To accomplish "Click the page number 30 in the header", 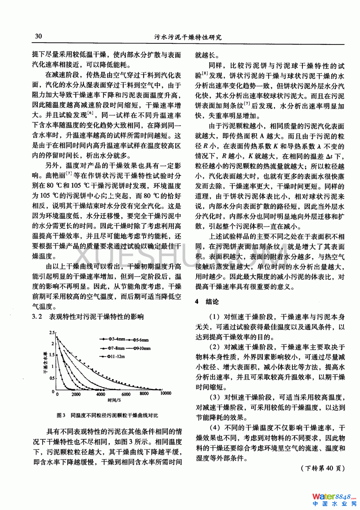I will click(x=38, y=36).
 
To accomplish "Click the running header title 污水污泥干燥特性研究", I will click(x=188, y=37).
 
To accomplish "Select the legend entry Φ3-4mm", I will click(x=115, y=339).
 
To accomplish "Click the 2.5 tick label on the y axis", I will click(x=52, y=333).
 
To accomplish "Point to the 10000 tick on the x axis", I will click(x=165, y=393).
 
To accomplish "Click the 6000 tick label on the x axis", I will click(x=126, y=394).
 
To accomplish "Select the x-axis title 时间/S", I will click(x=114, y=400).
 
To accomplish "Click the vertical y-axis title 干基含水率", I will click(x=45, y=362).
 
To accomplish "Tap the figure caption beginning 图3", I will click(x=107, y=415).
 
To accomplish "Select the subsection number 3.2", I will click(x=37, y=317).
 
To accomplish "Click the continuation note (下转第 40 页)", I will click(x=322, y=468).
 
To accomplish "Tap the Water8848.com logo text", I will click(x=334, y=497).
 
